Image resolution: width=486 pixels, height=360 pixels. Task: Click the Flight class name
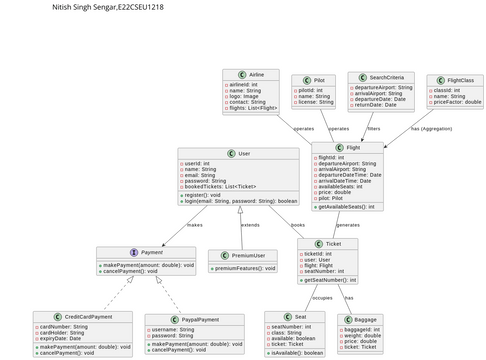pos(353,147)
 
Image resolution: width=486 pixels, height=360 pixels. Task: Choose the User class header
pos(243,153)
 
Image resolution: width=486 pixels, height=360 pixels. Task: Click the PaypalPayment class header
pos(199,319)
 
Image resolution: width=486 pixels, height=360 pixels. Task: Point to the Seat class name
pos(300,316)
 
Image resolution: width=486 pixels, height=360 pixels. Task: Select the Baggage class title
pos(365,319)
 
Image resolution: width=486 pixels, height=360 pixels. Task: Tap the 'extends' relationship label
pos(250,225)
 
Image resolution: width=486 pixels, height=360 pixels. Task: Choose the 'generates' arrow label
pos(347,225)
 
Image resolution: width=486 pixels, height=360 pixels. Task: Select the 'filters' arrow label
pos(373,129)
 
